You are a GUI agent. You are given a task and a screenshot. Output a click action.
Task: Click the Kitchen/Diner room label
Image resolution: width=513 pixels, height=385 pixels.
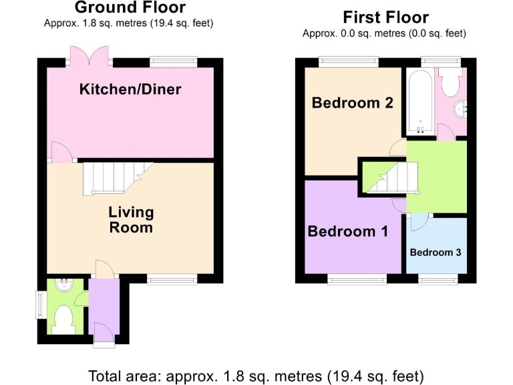click(130, 89)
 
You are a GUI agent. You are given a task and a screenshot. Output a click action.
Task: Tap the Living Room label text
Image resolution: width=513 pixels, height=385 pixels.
click(131, 220)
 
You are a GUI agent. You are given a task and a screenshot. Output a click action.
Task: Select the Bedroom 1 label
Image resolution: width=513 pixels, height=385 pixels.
click(347, 232)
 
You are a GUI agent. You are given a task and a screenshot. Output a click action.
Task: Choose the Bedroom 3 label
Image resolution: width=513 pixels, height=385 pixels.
click(435, 253)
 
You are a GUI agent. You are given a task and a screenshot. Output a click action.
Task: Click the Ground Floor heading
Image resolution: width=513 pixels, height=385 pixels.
click(130, 8)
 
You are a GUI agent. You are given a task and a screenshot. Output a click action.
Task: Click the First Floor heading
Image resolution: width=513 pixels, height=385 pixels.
click(385, 17)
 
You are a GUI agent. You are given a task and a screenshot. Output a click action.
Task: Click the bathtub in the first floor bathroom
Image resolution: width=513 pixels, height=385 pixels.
click(419, 102)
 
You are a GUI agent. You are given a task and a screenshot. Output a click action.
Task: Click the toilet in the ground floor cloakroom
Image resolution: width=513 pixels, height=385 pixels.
click(65, 319)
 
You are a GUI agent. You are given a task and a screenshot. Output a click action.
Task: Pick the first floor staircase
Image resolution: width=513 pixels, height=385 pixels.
click(391, 179)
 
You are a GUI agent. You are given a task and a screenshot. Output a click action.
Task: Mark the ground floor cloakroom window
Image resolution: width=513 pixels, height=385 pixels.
click(39, 304)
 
